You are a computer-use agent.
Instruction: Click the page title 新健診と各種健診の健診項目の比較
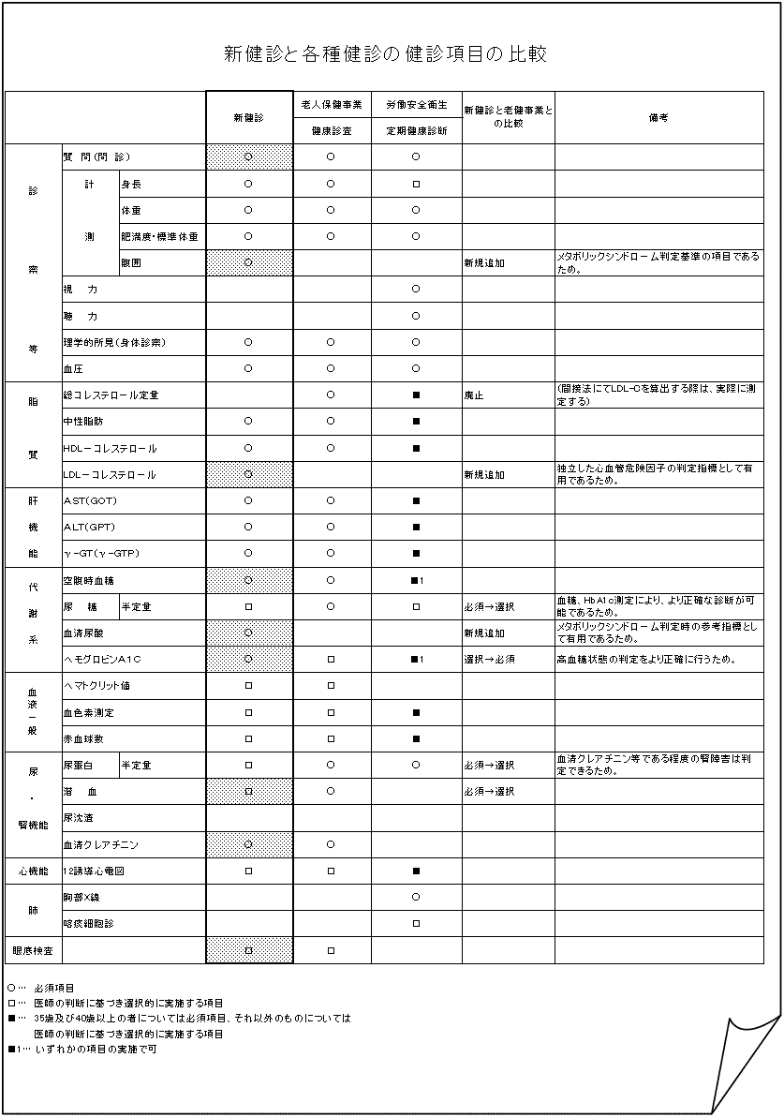(x=385, y=53)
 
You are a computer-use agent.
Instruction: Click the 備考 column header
(x=658, y=118)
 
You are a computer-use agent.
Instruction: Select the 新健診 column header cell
(x=248, y=118)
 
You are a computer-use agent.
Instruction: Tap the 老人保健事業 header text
(x=331, y=104)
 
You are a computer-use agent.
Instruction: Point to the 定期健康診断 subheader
(x=416, y=131)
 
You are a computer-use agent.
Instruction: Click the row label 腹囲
(x=131, y=263)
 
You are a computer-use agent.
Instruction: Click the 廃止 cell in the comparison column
(x=475, y=395)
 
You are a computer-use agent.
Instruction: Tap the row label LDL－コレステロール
(x=110, y=475)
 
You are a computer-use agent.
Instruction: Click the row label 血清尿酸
(x=82, y=633)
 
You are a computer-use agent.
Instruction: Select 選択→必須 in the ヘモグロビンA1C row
(x=489, y=660)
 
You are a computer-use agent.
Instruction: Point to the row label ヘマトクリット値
(x=96, y=686)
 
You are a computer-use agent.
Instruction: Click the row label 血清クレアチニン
(x=100, y=845)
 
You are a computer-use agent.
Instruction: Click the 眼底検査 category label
(x=33, y=950)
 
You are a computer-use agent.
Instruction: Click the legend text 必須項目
(x=54, y=988)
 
